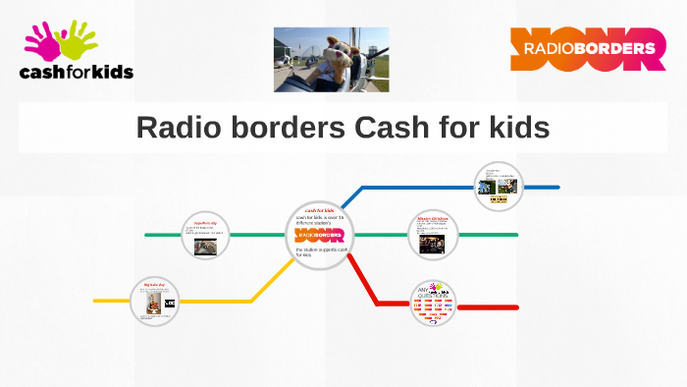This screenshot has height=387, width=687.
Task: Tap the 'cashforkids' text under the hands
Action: point(77,71)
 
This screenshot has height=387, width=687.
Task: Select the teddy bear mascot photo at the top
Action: point(331,60)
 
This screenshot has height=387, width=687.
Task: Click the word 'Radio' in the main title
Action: point(183,128)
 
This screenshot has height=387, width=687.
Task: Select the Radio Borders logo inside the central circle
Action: point(320,236)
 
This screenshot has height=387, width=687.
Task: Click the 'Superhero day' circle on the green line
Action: point(206,235)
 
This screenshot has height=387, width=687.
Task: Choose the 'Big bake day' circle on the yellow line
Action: point(157,301)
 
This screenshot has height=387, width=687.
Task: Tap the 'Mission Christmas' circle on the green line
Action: point(433,235)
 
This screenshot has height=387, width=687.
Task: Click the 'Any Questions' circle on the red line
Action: point(433,305)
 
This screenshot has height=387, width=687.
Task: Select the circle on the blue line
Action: point(499,187)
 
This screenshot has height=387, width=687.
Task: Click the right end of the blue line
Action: point(557,187)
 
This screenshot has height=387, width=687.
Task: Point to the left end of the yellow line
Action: point(96,301)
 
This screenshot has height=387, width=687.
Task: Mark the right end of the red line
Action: point(516,307)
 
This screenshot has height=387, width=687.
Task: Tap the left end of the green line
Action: point(147,235)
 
